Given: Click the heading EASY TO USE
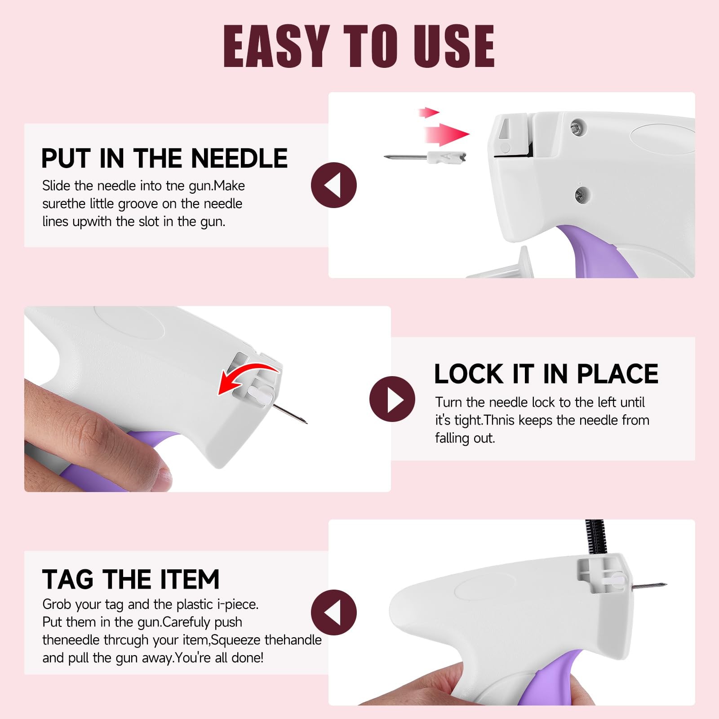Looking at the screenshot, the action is tap(359, 45).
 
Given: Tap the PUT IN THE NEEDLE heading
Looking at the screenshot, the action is tap(164, 158).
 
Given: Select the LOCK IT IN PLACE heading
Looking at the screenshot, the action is tap(546, 374).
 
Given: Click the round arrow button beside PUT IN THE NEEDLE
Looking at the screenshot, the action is tap(334, 185).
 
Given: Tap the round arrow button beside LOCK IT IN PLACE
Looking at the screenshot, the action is tap(392, 399).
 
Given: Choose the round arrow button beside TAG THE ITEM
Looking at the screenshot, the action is tap(334, 612).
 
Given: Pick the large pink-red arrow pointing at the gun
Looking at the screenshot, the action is tap(447, 134).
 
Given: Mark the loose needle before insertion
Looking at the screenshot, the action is tap(425, 157).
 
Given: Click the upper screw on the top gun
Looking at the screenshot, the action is tap(578, 127).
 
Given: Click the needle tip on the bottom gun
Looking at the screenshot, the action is tap(666, 584).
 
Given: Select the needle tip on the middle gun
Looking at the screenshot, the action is tap(306, 422).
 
